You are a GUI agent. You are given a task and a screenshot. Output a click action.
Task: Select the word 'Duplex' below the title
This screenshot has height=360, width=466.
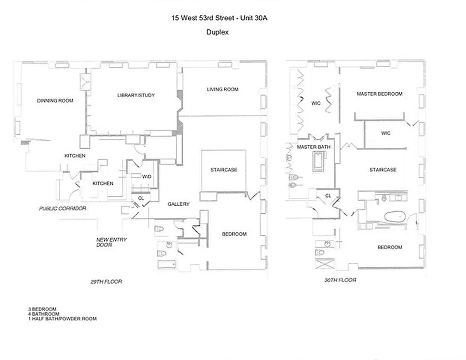pos(217,32)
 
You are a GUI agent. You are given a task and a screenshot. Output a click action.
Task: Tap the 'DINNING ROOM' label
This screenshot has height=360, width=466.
pos(55,101)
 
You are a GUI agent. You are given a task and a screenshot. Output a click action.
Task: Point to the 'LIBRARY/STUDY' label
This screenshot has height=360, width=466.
pos(136,95)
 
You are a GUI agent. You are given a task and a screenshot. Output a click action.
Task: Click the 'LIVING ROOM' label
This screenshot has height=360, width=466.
pos(222,90)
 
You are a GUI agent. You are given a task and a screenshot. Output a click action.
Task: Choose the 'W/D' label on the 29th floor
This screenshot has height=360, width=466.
pos(147,176)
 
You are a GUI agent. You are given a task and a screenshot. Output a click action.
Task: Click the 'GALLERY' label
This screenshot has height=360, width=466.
pos(178,204)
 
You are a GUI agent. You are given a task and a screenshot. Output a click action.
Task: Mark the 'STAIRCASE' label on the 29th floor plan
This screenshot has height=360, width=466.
pos(223,170)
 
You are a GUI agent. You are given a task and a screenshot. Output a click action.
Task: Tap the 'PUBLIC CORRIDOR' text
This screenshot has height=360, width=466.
pos(62,209)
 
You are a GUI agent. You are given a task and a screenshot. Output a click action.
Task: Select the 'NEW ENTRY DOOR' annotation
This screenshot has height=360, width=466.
pos(111,242)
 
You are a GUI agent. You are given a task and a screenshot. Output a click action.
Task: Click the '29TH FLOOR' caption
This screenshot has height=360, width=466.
pos(106,282)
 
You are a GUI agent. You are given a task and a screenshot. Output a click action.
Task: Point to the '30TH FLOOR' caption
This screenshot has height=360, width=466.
pos(340,280)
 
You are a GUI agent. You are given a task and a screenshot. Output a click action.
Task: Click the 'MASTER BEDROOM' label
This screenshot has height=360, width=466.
pos(380,94)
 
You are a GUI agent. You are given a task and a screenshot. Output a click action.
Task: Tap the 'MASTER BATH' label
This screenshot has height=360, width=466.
pos(313,147)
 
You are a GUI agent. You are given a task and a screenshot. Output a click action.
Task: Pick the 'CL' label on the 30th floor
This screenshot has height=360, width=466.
pos(328,196)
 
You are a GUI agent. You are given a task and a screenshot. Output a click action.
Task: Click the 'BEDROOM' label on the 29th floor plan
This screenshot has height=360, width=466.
pos(234,234)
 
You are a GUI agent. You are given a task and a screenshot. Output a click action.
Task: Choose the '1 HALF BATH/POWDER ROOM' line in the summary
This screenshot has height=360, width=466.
pos(62,319)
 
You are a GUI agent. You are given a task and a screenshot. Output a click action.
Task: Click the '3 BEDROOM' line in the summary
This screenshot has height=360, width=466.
pos(42,309)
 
